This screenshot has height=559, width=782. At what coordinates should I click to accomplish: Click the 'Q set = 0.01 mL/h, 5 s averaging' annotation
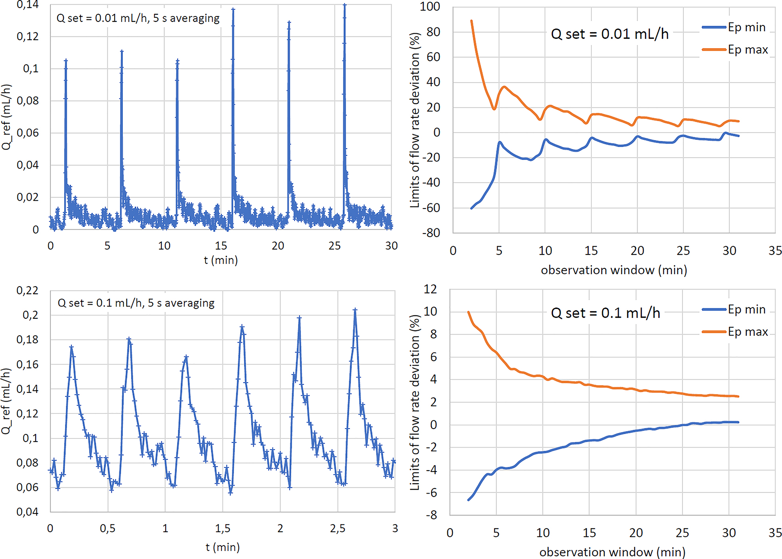pyautogui.click(x=138, y=18)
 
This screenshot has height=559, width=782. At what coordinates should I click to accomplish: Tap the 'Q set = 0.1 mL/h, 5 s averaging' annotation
pyautogui.click(x=136, y=303)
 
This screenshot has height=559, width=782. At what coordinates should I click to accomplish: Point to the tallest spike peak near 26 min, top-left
pyautogui.click(x=345, y=5)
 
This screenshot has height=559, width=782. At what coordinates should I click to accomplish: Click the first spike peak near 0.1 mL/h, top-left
pyautogui.click(x=66, y=60)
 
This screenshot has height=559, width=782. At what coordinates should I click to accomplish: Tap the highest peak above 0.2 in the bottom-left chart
pyautogui.click(x=355, y=310)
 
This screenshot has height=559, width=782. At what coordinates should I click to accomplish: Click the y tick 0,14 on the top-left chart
pyautogui.click(x=28, y=5)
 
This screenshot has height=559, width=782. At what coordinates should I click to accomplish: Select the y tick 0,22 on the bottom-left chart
pyautogui.click(x=27, y=291)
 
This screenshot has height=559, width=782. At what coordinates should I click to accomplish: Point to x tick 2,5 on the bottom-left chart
pyautogui.click(x=337, y=528)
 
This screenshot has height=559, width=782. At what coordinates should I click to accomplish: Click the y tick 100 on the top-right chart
pyautogui.click(x=430, y=6)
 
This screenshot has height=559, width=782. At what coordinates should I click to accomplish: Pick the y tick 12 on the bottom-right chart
pyautogui.click(x=430, y=289)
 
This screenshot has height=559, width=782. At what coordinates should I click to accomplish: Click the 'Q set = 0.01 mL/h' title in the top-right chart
pyautogui.click(x=610, y=34)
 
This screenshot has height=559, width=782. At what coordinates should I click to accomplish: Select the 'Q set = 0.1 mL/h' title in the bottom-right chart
pyautogui.click(x=605, y=313)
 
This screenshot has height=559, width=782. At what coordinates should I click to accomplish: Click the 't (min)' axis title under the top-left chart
pyautogui.click(x=221, y=260)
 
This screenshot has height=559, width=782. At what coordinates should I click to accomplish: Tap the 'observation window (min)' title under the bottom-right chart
pyautogui.click(x=612, y=552)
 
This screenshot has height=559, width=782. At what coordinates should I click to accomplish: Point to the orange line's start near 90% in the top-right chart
pyautogui.click(x=471, y=21)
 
